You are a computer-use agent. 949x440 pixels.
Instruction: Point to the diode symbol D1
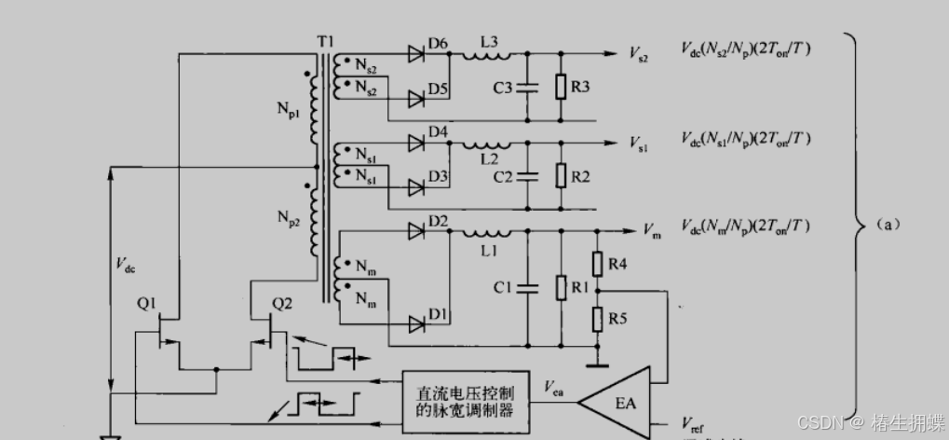click(414, 323)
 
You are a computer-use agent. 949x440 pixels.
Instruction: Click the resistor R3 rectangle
click(561, 88)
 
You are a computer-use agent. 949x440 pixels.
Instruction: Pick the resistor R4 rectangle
click(598, 265)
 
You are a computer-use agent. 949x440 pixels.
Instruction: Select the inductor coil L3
click(490, 56)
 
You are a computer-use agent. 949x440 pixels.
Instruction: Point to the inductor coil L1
click(490, 232)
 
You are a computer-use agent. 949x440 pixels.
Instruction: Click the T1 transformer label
click(324, 43)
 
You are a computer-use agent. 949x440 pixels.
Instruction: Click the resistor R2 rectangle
click(561, 176)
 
